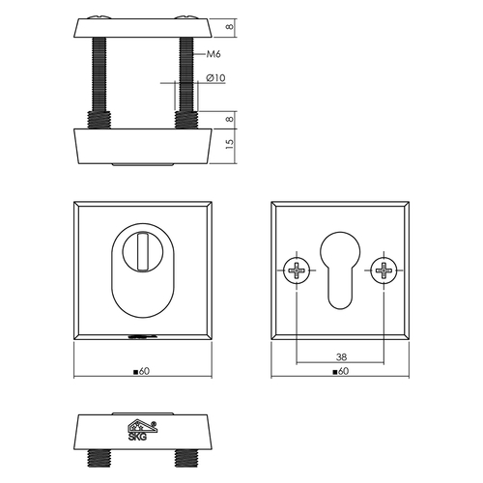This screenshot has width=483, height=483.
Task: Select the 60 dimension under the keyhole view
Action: click(338, 370)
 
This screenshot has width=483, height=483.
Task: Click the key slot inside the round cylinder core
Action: click(144, 247)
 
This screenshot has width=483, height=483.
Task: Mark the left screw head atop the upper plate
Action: click(99, 16)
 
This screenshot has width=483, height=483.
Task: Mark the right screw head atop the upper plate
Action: click(186, 16)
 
